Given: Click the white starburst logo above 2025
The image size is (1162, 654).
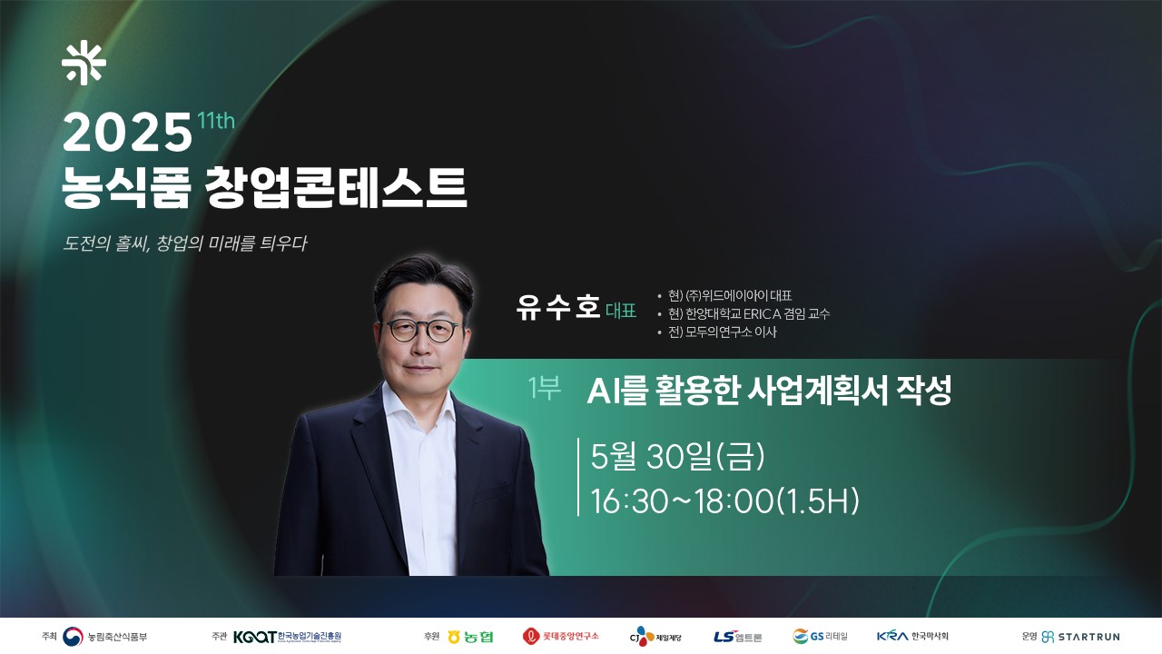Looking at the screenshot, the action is click(84, 63).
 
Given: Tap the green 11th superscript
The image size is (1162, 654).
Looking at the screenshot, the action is click(216, 121).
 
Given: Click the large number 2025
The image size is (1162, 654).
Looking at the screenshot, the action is click(127, 133).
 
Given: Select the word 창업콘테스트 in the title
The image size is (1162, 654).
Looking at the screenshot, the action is click(336, 187).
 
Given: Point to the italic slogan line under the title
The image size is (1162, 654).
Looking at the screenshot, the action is click(184, 243).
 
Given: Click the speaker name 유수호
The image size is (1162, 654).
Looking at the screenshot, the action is click(558, 307).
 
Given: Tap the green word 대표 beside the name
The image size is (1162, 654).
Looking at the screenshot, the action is click(621, 311).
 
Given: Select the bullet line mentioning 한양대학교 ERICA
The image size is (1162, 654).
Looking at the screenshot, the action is click(743, 313).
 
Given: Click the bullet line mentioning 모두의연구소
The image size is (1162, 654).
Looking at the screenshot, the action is click(717, 332).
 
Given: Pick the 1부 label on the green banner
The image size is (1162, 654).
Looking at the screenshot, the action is click(544, 388).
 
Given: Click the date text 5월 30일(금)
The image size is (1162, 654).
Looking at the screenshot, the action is click(677, 456).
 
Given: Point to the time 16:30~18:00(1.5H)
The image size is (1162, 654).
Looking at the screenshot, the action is click(724, 501).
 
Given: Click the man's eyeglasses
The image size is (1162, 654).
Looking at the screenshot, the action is click(420, 331).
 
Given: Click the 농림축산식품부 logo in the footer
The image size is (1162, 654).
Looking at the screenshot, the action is click(104, 637).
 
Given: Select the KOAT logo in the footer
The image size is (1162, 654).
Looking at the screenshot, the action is click(287, 637).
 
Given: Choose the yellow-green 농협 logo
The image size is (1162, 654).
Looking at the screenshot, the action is click(470, 637).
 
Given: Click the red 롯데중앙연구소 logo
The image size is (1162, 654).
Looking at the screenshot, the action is click(561, 637).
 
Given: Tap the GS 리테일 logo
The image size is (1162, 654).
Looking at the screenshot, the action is click(820, 637).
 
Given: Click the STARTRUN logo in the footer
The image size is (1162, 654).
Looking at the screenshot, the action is click(1080, 637).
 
